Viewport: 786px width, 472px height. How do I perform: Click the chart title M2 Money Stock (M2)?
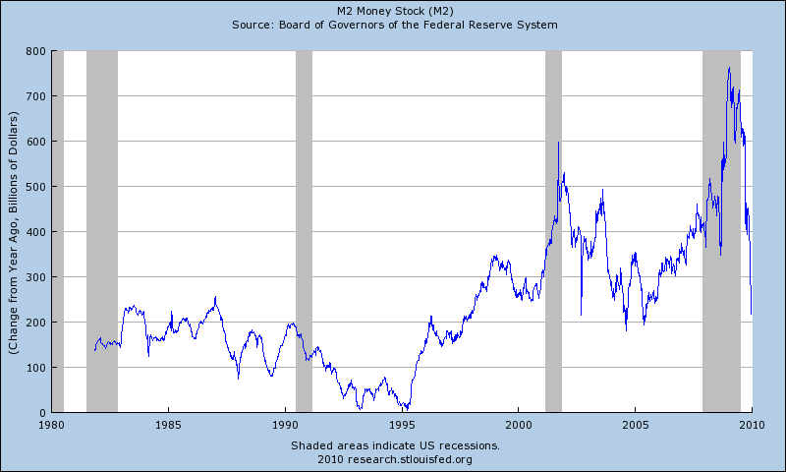coord(393,10)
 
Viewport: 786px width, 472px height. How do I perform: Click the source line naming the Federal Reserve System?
coord(393,24)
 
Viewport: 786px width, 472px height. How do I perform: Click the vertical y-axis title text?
coord(14,232)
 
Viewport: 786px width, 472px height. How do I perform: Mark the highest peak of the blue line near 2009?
coord(729,68)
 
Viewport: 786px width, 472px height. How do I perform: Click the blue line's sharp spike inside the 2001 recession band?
coord(558,143)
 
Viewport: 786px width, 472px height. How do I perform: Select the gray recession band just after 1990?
coord(304,231)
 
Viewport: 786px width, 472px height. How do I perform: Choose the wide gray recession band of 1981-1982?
coord(102,231)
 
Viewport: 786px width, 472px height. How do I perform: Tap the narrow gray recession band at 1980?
coord(57,231)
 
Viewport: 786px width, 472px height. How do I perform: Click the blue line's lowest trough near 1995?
coord(404,408)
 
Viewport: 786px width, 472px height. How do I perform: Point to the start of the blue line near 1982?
coord(94,350)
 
